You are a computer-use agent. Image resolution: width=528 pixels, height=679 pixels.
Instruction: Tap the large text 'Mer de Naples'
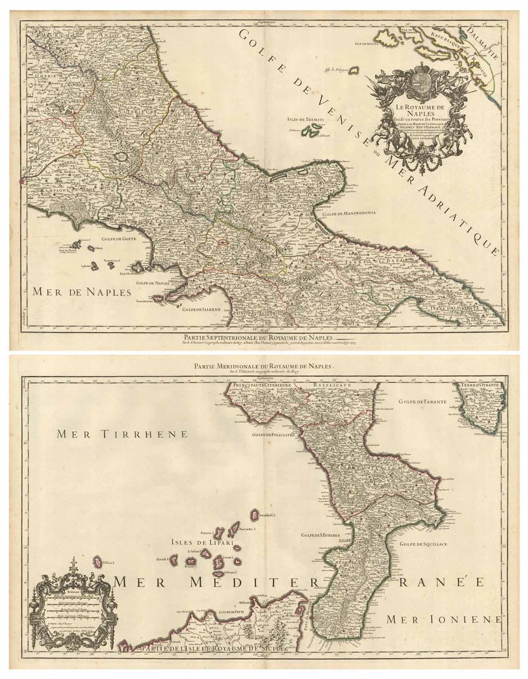[81, 291]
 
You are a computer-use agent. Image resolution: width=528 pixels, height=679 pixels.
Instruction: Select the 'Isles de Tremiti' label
[304, 120]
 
